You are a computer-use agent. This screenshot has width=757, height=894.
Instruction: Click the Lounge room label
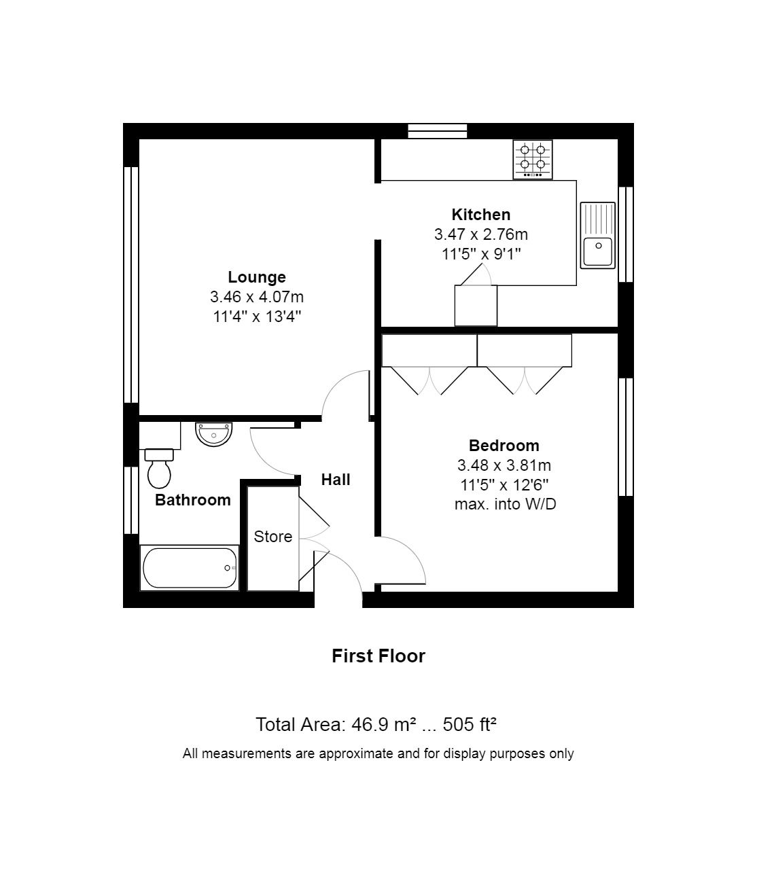256,276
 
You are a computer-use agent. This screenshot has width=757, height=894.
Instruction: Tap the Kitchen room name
480,215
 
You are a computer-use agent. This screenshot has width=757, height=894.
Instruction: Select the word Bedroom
504,446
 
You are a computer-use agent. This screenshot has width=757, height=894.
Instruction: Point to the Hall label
335,480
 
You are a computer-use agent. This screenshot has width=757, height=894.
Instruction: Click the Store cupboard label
273,537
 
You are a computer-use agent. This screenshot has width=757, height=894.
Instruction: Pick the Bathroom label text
193,500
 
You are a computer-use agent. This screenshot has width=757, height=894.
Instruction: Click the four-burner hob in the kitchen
533,159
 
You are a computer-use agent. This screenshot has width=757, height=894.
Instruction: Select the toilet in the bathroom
159,469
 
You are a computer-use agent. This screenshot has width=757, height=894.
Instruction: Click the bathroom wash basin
213,434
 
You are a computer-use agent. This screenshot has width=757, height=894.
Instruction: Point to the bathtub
190,568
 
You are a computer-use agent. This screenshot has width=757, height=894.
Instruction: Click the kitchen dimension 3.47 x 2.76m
481,234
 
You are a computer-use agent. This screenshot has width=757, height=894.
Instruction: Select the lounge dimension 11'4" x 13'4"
257,317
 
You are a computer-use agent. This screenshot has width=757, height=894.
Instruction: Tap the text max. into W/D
506,504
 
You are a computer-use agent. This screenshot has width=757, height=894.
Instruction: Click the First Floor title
378,656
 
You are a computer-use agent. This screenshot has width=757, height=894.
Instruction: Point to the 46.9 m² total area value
384,724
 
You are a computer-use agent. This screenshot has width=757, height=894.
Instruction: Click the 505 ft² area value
470,724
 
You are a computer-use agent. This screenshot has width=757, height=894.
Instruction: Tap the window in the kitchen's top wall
438,131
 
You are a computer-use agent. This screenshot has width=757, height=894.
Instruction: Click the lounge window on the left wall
131,285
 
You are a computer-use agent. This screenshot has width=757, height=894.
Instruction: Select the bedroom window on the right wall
626,437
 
